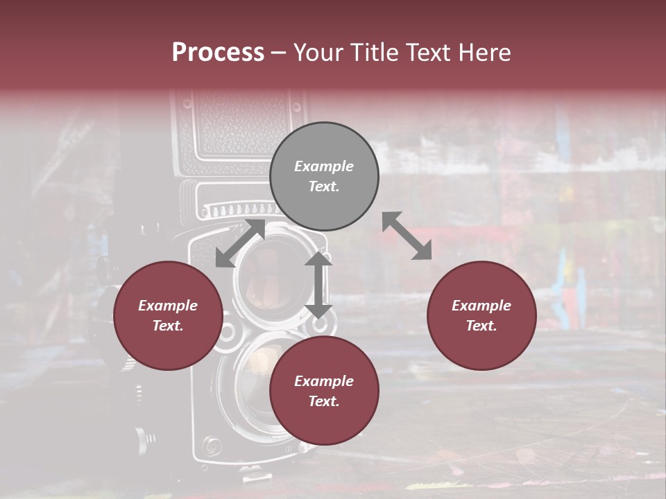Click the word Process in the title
(x=218, y=53)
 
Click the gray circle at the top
(x=324, y=176)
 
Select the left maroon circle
(x=168, y=315)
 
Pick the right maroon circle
(x=481, y=315)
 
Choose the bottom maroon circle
(x=324, y=391)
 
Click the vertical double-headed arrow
(x=318, y=284)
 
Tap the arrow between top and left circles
(x=240, y=243)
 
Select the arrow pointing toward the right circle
(x=407, y=236)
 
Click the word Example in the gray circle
(x=324, y=166)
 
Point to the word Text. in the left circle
(x=168, y=326)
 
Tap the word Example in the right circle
(x=481, y=306)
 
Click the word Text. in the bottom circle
(x=324, y=401)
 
